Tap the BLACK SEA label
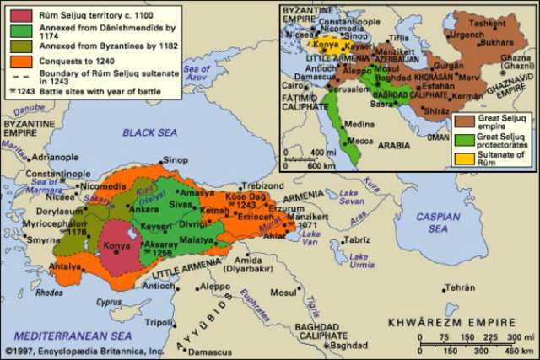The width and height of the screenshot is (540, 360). pos(149,132)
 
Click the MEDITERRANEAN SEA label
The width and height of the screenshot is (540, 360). pos(64,321)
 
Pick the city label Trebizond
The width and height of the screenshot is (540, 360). pos(264,185)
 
